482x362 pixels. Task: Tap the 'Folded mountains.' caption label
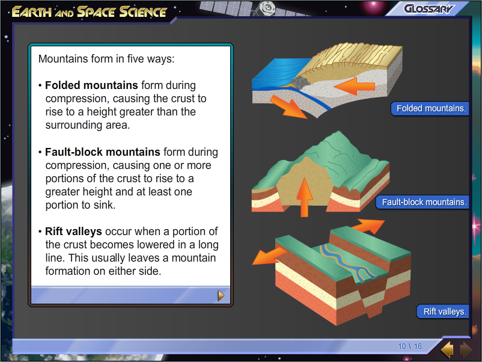pos(430,109)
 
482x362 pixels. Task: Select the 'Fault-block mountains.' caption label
pos(424,202)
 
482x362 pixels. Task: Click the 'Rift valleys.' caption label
pos(444,311)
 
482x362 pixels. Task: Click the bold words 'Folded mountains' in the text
pos(91,85)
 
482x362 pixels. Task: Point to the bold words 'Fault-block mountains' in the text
pos(103,152)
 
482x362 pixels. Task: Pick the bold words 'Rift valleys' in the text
pos(73,232)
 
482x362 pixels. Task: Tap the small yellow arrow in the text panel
pos(221,295)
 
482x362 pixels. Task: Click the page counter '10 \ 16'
pos(410,346)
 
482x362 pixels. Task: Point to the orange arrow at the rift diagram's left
pos(269,255)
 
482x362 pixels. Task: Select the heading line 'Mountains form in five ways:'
pos(106,60)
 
